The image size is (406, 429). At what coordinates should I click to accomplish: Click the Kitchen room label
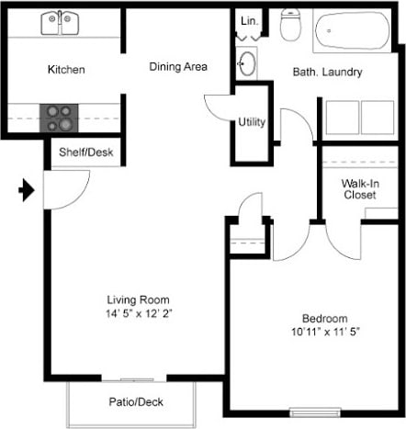point(66,70)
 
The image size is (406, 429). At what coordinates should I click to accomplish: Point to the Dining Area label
point(178,66)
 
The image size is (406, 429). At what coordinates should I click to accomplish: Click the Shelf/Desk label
point(85,152)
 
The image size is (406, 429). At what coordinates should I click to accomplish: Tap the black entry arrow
point(28,191)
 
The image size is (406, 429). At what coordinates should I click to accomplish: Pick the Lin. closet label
point(248,20)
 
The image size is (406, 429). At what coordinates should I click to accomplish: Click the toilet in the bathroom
point(290,26)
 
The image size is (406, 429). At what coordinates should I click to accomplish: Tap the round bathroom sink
point(248,62)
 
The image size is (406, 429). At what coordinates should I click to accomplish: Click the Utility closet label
point(252,121)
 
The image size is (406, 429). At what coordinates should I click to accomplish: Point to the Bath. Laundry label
point(327,72)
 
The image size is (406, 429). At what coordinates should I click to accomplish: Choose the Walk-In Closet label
point(361,188)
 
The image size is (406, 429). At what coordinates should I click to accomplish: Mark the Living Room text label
point(139,300)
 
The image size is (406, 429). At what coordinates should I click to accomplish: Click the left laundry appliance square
point(342,118)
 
